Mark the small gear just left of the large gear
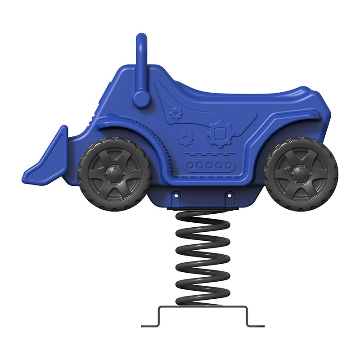pyautogui.click(x=184, y=137)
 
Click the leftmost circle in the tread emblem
pyautogui.click(x=191, y=165)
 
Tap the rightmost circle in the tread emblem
pyautogui.click(x=228, y=165)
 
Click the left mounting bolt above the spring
pyautogui.click(x=176, y=196)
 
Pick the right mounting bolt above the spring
pyautogui.click(x=229, y=196)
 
